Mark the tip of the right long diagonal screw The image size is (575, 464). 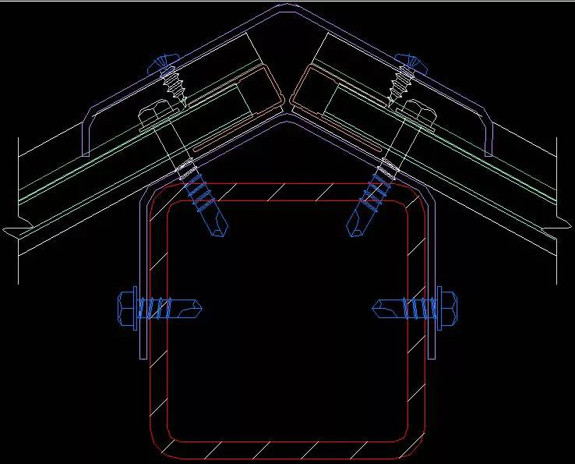coord(355,231)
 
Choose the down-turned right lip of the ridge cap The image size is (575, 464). coord(489,140)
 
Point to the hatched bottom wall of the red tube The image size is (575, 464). coord(287,451)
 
